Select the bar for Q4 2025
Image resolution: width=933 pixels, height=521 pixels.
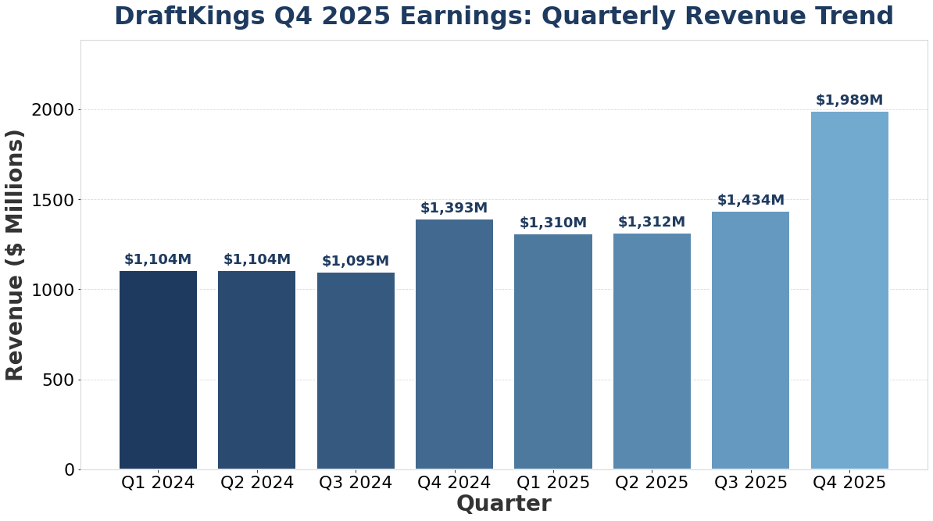tap(849, 291)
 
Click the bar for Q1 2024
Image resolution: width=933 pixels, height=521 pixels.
tap(158, 370)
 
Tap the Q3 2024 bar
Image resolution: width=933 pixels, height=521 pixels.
tap(356, 371)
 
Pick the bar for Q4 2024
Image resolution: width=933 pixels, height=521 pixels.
tap(454, 344)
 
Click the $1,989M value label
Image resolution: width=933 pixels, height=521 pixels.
tap(849, 100)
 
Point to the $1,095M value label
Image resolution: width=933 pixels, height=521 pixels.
tap(356, 261)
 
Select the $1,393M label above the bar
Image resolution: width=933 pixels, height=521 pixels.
tap(454, 208)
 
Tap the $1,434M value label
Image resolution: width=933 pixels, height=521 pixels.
tap(750, 200)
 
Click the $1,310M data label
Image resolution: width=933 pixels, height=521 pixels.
tap(553, 223)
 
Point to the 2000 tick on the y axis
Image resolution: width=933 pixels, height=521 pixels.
tap(53, 110)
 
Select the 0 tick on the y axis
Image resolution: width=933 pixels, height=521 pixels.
tap(70, 469)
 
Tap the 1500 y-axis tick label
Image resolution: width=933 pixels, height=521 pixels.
tap(53, 200)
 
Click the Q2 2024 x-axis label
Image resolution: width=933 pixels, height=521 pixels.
tap(257, 483)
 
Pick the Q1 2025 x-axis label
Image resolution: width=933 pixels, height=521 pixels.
tap(553, 483)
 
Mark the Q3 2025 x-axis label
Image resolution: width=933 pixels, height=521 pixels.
tap(750, 483)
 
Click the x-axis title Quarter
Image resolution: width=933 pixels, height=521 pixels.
tap(503, 505)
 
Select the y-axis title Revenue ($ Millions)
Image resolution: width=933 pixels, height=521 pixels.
tap(16, 255)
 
